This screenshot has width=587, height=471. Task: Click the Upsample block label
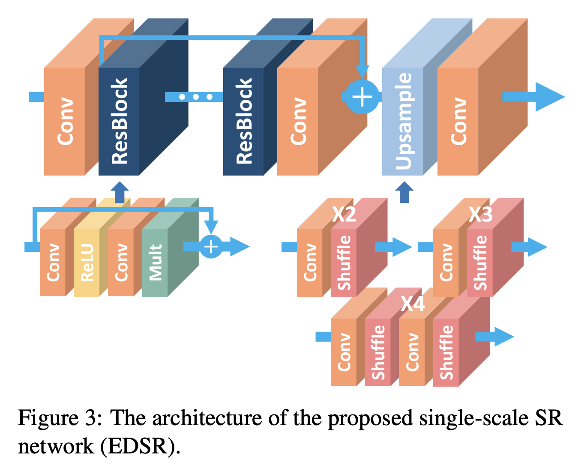403,122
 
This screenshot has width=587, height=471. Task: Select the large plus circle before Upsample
362,97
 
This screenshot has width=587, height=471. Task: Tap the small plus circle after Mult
211,247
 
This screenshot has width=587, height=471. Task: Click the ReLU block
87,262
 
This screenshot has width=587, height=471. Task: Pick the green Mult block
155,262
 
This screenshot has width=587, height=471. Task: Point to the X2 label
344,214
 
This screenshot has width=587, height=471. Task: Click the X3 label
480,214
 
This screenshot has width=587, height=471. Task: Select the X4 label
413,304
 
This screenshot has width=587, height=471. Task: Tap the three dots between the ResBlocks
196,97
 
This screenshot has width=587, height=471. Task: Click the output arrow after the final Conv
536,97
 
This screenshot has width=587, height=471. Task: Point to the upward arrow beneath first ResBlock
120,192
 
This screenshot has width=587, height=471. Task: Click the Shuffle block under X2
344,262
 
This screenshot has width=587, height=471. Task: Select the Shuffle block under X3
480,262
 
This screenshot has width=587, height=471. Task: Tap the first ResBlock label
119,122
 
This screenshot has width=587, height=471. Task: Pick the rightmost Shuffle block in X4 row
446,352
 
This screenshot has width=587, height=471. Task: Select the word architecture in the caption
207,418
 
